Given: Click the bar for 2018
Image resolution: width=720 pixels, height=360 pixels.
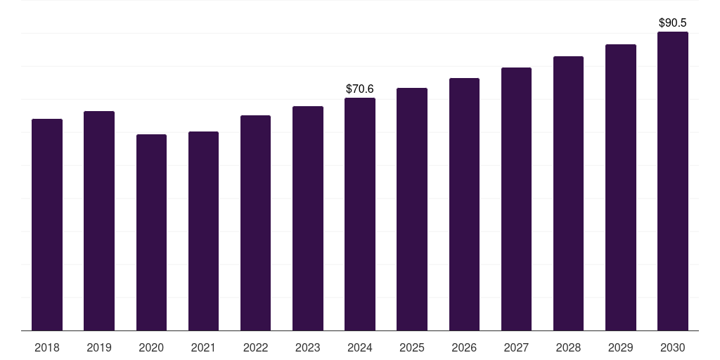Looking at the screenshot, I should click(47, 225).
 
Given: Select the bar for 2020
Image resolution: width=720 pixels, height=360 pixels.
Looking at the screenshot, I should click(151, 232).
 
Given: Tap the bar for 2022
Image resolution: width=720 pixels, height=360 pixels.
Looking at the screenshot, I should click(255, 223).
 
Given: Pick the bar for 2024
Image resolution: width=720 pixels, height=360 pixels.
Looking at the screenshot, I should click(360, 214).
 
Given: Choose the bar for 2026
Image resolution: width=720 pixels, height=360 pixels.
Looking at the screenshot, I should click(464, 204).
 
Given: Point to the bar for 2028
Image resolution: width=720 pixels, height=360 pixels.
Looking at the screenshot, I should click(568, 193).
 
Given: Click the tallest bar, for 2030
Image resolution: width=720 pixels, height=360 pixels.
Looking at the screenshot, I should click(672, 181).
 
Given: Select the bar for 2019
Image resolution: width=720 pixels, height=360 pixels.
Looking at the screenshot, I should click(99, 221).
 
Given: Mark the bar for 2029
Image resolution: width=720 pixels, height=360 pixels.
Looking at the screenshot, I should click(620, 188).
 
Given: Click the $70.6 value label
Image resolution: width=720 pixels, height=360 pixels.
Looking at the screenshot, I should click(360, 89).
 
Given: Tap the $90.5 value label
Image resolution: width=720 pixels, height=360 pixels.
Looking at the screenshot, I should click(672, 22).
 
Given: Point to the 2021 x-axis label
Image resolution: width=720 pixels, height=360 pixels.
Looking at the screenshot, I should click(203, 347).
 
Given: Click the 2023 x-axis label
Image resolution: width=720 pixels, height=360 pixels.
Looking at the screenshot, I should click(307, 347).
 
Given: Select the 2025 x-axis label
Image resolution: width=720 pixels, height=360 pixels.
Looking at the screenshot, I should click(412, 347).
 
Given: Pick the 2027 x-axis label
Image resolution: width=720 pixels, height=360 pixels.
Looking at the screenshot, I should click(516, 347).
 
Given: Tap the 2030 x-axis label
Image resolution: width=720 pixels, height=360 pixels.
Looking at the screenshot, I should click(672, 347).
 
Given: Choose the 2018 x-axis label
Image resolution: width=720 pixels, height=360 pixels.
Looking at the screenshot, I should click(47, 347).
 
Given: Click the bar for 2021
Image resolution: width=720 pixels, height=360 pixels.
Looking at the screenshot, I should click(203, 231).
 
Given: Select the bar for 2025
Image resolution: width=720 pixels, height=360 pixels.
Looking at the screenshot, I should click(412, 209).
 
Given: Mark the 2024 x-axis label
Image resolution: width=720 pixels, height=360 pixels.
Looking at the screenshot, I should click(360, 347).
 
